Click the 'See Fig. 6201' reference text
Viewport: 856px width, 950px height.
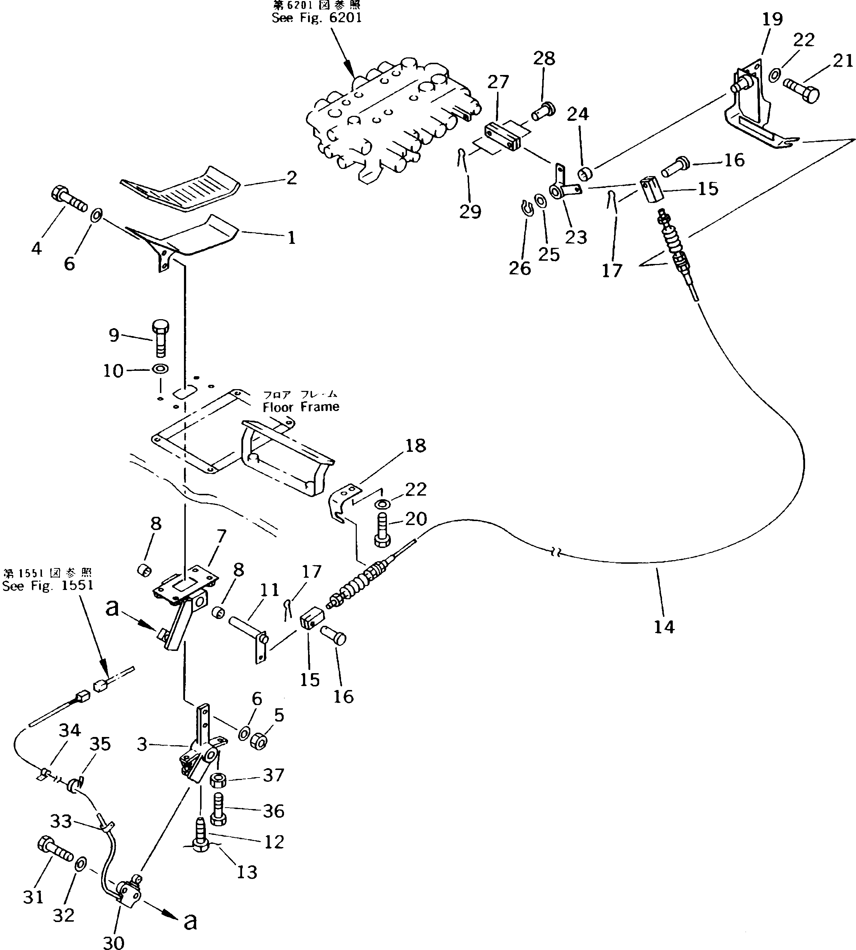click(317, 18)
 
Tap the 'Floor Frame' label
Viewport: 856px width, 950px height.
click(301, 407)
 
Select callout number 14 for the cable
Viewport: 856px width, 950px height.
click(664, 627)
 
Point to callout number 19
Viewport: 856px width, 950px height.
click(772, 19)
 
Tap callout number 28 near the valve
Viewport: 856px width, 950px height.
click(544, 58)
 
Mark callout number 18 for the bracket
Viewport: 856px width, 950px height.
click(415, 445)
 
